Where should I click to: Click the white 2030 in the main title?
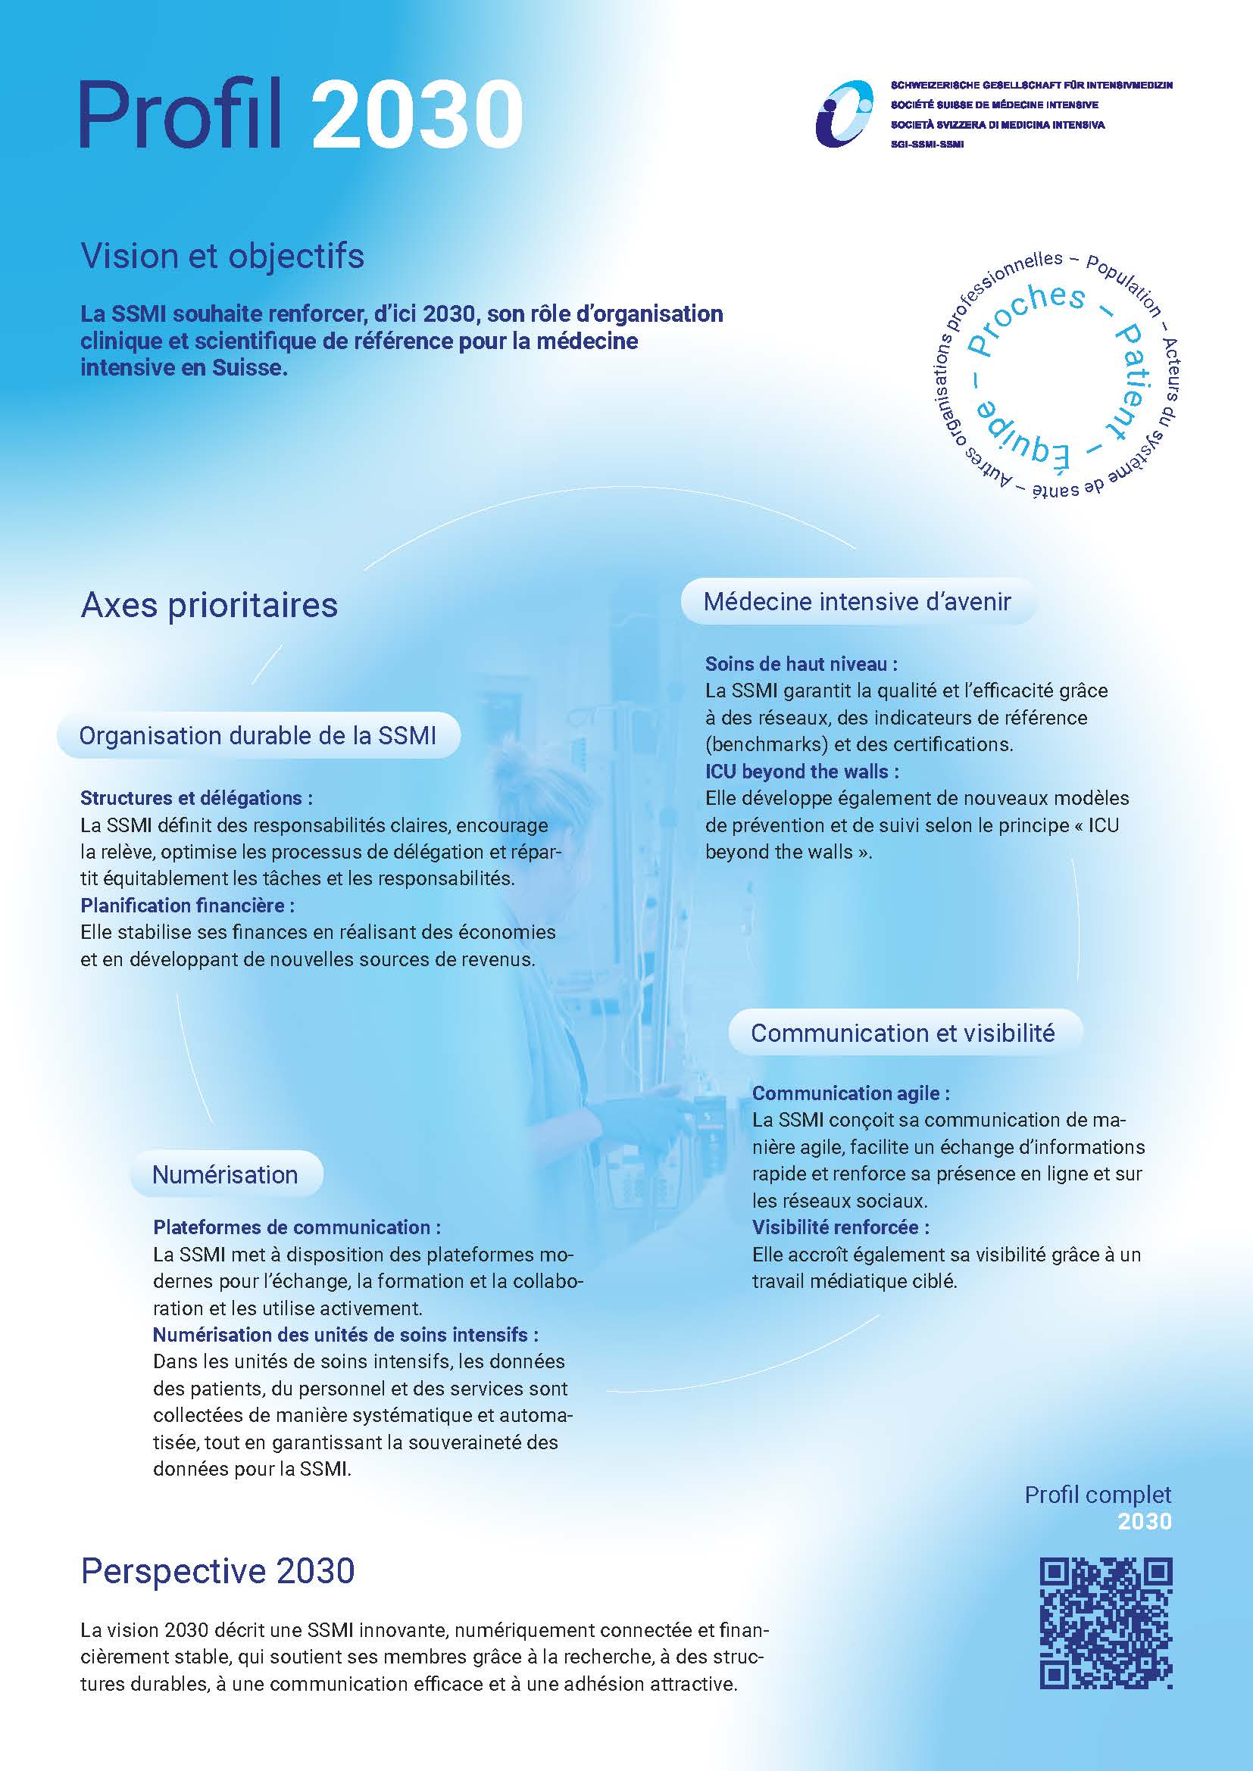417,116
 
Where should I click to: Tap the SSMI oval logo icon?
845,114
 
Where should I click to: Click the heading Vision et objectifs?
222,256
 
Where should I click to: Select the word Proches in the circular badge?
1027,317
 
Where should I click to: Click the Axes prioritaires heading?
209,606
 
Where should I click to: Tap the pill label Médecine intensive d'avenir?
857,602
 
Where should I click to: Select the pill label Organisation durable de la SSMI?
258,736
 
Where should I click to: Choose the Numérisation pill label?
224,1175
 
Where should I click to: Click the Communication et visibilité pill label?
903,1033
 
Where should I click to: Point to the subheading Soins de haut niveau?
801,663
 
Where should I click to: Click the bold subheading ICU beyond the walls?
801,772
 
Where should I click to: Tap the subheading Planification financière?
187,905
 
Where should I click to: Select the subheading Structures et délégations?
197,797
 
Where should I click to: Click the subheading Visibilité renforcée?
840,1227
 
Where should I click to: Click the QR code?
1106,1623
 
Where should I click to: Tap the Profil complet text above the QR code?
1097,1495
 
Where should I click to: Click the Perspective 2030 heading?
217,1570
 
